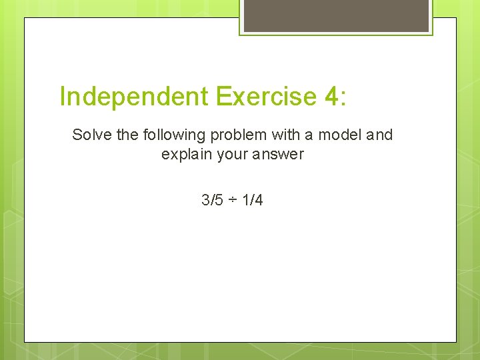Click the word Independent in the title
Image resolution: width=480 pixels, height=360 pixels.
tap(133, 97)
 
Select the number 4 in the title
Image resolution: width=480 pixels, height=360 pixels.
tap(331, 97)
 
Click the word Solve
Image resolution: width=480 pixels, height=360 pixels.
tap(92, 135)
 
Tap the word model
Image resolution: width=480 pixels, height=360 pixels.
tap(340, 135)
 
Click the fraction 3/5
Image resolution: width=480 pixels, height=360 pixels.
tap(212, 199)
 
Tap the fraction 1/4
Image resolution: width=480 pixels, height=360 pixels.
tap(252, 199)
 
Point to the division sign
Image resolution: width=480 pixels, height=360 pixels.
tap(232, 200)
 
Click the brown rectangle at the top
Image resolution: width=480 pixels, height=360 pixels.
tap(336, 15)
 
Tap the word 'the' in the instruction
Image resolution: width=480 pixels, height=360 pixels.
tap(127, 135)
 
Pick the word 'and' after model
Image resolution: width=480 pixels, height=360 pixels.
tap(379, 135)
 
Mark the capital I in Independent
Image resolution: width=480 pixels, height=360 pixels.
tap(63, 97)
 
